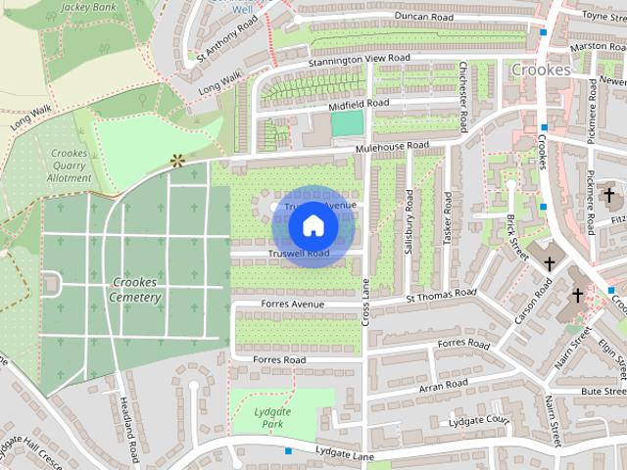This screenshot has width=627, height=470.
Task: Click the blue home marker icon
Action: click(x=313, y=225)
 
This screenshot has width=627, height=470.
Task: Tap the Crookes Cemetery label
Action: click(x=135, y=290)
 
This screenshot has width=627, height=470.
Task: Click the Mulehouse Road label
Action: click(x=392, y=147)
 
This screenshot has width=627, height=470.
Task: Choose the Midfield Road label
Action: click(x=359, y=103)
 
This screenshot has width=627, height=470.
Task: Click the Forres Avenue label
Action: click(x=292, y=305)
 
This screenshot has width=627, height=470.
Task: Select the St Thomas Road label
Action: click(x=441, y=294)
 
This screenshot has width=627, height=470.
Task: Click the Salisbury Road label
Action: click(x=410, y=221)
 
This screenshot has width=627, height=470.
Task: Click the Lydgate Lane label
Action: click(x=346, y=452)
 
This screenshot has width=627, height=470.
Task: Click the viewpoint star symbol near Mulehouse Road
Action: click(x=177, y=159)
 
